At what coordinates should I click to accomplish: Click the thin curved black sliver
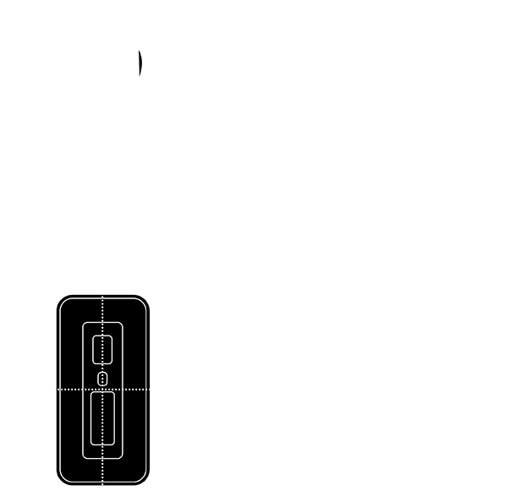[x=140, y=64]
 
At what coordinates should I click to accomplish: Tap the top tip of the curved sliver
[x=140, y=52]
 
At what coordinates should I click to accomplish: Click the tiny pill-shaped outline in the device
[x=102, y=378]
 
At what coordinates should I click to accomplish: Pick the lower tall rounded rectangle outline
[x=102, y=417]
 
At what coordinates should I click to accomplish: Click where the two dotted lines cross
[x=102, y=390]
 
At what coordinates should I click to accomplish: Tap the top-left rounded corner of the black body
[x=61, y=299]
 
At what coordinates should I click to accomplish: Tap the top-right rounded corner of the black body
[x=145, y=299]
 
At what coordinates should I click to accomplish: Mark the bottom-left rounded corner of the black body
[x=61, y=482]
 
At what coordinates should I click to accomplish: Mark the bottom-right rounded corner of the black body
[x=145, y=482]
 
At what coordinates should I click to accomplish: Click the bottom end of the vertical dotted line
[x=102, y=485]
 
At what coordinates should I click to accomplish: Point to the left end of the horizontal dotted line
[x=57, y=390]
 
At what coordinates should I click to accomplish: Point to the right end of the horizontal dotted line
[x=149, y=390]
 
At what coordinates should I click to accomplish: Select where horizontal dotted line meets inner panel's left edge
[x=83, y=390]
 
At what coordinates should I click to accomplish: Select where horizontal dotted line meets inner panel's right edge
[x=123, y=390]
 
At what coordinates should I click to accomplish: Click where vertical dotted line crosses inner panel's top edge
[x=102, y=323]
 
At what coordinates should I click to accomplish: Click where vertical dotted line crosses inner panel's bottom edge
[x=102, y=459]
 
